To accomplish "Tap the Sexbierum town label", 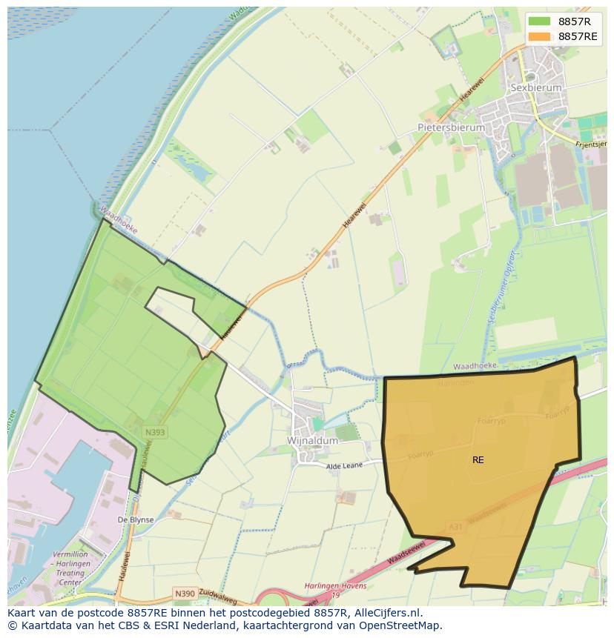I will coord(536,87).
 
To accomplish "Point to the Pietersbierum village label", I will coord(451,127).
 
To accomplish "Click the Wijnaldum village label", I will coord(312,440).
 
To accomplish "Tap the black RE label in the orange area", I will coord(478,460).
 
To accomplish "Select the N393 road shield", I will coord(155,432).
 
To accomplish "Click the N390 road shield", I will coord(185,594).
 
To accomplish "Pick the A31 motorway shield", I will coord(455,527).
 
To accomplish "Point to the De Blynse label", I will coord(136,520).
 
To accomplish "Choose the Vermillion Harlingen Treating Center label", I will coord(70,568).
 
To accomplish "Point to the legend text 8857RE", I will coord(578,36).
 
